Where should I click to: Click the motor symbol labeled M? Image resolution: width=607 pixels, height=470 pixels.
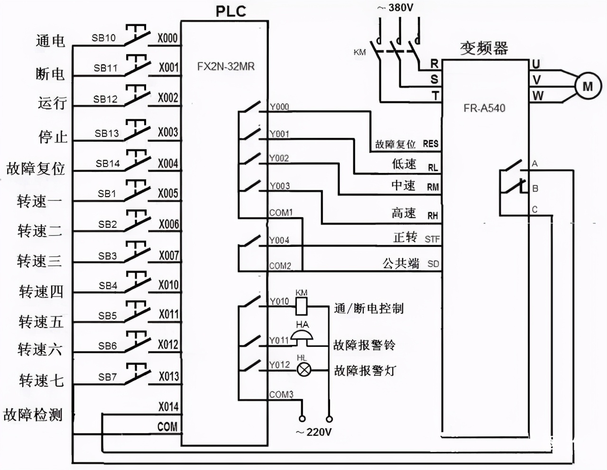(588, 86)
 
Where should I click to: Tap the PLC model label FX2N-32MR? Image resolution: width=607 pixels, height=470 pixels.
(226, 66)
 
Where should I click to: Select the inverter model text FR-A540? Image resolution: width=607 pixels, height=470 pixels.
(484, 108)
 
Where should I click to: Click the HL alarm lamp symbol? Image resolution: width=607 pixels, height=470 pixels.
(303, 370)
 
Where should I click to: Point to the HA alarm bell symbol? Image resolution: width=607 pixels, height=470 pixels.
(302, 337)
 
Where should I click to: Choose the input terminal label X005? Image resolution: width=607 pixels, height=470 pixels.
(168, 193)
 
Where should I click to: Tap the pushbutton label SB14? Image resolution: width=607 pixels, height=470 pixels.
(108, 163)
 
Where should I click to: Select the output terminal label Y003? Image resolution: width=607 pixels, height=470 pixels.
(279, 186)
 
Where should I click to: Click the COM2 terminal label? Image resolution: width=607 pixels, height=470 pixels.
(280, 266)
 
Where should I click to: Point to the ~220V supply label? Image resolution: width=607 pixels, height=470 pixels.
(313, 432)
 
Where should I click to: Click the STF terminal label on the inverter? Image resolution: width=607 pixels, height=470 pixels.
(432, 239)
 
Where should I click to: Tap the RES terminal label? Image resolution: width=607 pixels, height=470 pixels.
(431, 144)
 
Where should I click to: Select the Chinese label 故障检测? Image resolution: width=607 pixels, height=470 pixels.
(33, 415)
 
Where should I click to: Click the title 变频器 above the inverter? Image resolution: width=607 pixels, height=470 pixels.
(484, 48)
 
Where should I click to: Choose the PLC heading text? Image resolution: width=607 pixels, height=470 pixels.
(231, 11)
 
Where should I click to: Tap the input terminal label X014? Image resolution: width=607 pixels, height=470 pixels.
(168, 407)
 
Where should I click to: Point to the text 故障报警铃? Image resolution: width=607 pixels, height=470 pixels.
(364, 344)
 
